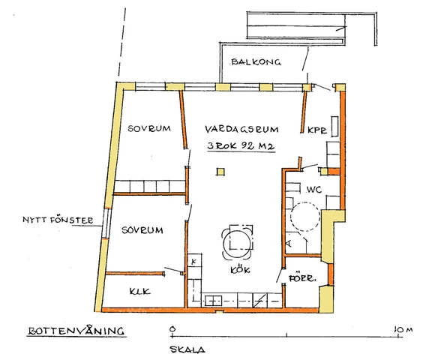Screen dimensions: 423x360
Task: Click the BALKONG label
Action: (256, 62)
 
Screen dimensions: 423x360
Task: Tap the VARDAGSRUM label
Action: (241, 129)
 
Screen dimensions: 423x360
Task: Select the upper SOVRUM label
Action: (149, 128)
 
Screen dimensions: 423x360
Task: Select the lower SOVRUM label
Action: (142, 230)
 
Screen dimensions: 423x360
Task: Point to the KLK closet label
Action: (139, 292)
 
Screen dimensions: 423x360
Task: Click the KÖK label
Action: (240, 269)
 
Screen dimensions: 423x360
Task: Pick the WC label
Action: (314, 190)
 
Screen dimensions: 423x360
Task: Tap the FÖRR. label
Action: (301, 277)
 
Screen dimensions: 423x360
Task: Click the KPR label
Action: (317, 130)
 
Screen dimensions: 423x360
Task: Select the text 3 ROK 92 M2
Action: (241, 146)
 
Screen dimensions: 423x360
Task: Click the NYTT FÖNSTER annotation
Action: (58, 220)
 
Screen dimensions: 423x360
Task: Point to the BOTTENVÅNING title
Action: (76, 331)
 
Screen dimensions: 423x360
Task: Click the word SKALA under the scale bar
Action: (187, 349)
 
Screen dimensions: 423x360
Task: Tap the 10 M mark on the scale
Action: (403, 330)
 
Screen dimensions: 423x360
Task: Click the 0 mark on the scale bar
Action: (172, 329)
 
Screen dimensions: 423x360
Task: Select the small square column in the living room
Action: (220, 172)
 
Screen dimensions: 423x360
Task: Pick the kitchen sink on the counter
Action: (213, 301)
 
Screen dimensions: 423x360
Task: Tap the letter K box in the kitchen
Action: (194, 261)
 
